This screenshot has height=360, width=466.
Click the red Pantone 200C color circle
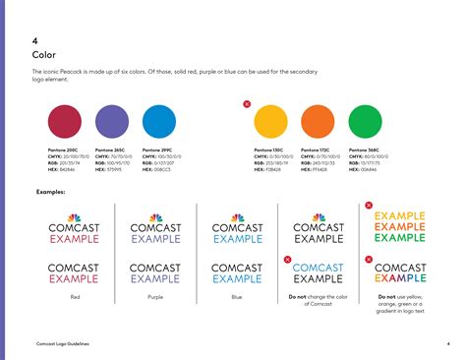click(66, 121)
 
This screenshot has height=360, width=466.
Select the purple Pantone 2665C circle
click(113, 121)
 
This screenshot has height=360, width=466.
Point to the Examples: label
click(51, 191)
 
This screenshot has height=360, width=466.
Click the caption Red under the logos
click(73, 295)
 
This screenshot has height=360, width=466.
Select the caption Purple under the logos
click(156, 295)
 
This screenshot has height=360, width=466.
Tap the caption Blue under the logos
click(237, 295)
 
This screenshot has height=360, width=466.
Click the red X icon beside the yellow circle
click(247, 103)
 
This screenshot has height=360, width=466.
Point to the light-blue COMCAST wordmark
click(319, 268)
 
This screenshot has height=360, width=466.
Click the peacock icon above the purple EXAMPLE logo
click(155, 217)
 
